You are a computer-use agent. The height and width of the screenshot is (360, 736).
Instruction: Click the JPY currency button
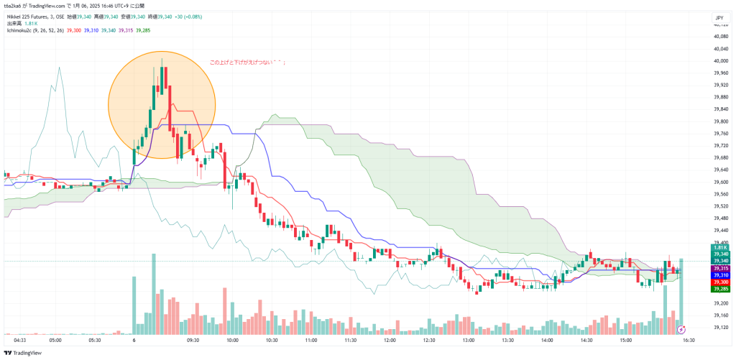pyautogui.click(x=718, y=17)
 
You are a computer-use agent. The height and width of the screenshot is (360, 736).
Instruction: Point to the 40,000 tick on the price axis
pyautogui.click(x=719, y=49)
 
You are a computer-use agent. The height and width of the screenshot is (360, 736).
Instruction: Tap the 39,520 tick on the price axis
pyautogui.click(x=719, y=206)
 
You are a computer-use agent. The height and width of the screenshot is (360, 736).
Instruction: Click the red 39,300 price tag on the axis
pyautogui.click(x=719, y=282)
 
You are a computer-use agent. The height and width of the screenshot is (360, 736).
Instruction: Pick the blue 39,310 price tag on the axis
pyautogui.click(x=719, y=275)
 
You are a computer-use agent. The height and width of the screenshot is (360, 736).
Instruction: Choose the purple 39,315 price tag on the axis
pyautogui.click(x=719, y=268)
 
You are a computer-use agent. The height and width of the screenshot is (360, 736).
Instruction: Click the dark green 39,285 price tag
pyautogui.click(x=719, y=290)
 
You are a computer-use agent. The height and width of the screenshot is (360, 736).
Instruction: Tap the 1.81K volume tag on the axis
pyautogui.click(x=719, y=246)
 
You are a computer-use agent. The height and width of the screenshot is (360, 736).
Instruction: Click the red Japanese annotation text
pyautogui.click(x=247, y=63)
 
